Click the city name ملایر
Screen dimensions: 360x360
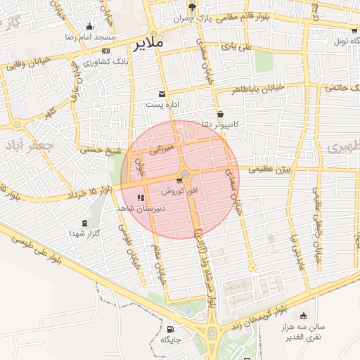(x=147, y=43)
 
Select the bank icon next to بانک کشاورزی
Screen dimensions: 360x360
(x=105, y=51)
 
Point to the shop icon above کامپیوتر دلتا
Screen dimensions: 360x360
(x=221, y=113)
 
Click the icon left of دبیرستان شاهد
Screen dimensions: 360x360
(x=141, y=198)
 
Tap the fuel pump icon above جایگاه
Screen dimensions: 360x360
(x=171, y=329)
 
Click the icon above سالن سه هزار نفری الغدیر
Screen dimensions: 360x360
(x=303, y=316)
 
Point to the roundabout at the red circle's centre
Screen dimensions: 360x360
(x=185, y=174)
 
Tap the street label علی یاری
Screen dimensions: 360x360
(x=236, y=47)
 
